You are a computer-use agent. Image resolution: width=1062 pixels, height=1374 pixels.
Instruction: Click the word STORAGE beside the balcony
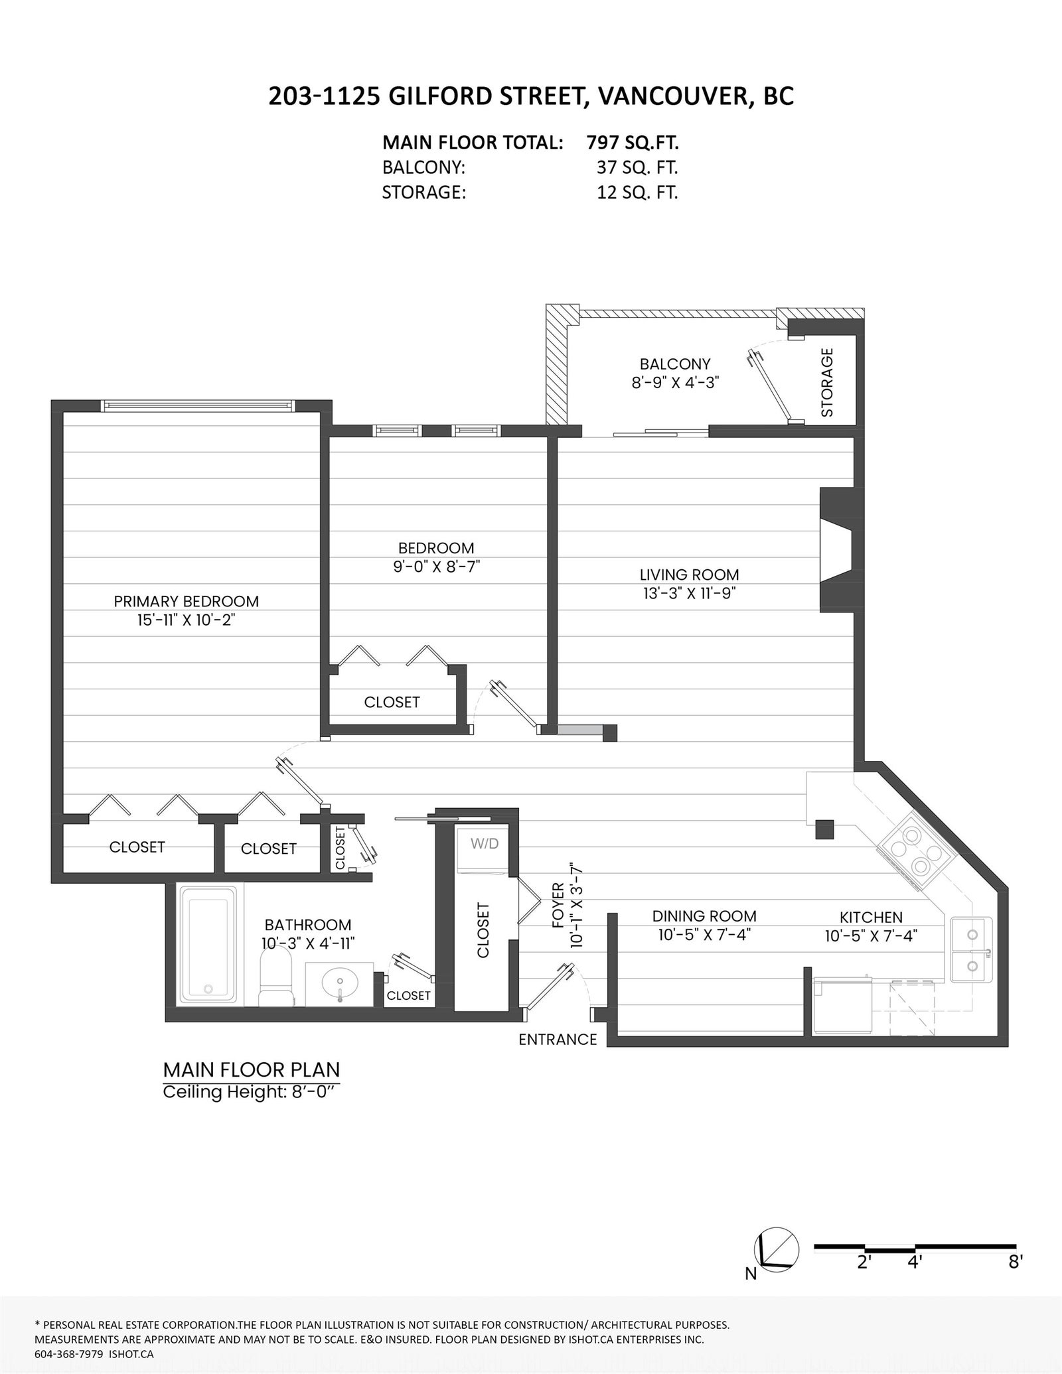pyautogui.click(x=827, y=382)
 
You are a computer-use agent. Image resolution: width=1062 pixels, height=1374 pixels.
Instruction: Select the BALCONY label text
pyautogui.click(x=675, y=364)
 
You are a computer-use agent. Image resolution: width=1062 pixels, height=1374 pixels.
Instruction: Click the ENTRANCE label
pyautogui.click(x=558, y=1040)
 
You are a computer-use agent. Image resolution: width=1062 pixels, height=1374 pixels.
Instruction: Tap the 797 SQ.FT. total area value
pyautogui.click(x=633, y=142)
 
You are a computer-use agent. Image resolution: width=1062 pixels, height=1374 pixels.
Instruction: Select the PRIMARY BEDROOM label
pyautogui.click(x=187, y=601)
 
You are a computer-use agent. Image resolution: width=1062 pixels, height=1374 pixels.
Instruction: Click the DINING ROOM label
pyautogui.click(x=704, y=916)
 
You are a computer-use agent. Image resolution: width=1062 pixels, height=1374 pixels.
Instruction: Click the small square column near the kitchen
pyautogui.click(x=824, y=829)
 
